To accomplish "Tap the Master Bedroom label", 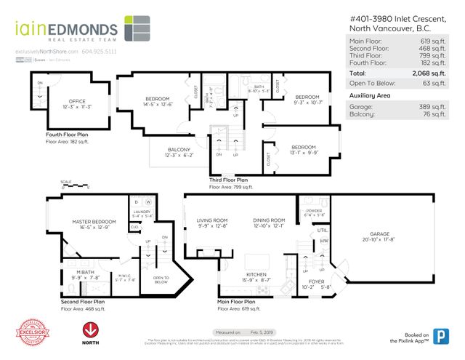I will coord(91,221).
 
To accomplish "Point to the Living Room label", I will coord(212,220).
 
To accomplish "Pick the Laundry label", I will coord(142,212).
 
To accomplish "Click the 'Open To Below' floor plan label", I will coord(161,279).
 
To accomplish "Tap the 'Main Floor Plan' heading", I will coord(236,301).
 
